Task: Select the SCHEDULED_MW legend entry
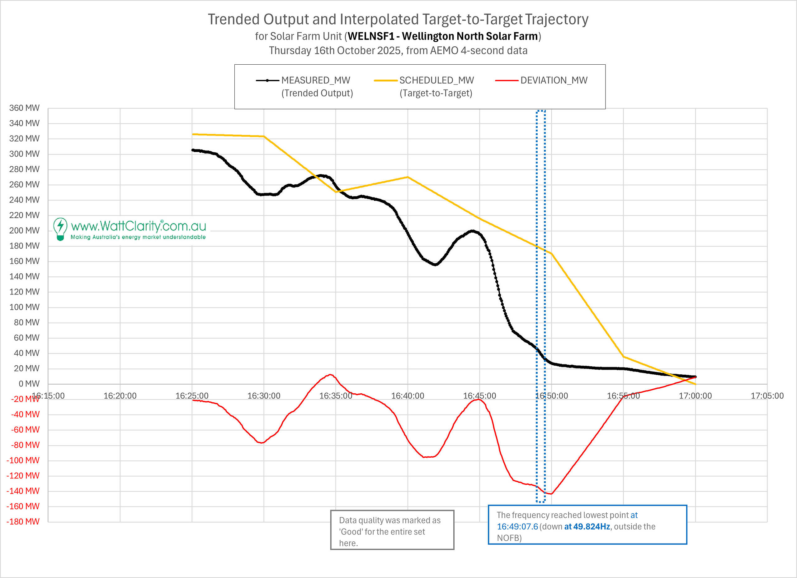(436, 80)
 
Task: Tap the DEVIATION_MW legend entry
(554, 80)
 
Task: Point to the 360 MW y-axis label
(24, 108)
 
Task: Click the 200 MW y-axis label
(24, 231)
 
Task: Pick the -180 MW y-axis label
(23, 521)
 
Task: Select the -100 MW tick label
(23, 460)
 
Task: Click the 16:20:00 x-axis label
(120, 396)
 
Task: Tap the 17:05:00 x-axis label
(767, 396)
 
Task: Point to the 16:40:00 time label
(408, 396)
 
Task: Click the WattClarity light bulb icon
(60, 229)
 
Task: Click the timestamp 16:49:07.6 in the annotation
(517, 526)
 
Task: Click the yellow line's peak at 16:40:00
(408, 177)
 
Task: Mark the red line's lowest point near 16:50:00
(551, 494)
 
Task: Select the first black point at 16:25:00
(193, 150)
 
